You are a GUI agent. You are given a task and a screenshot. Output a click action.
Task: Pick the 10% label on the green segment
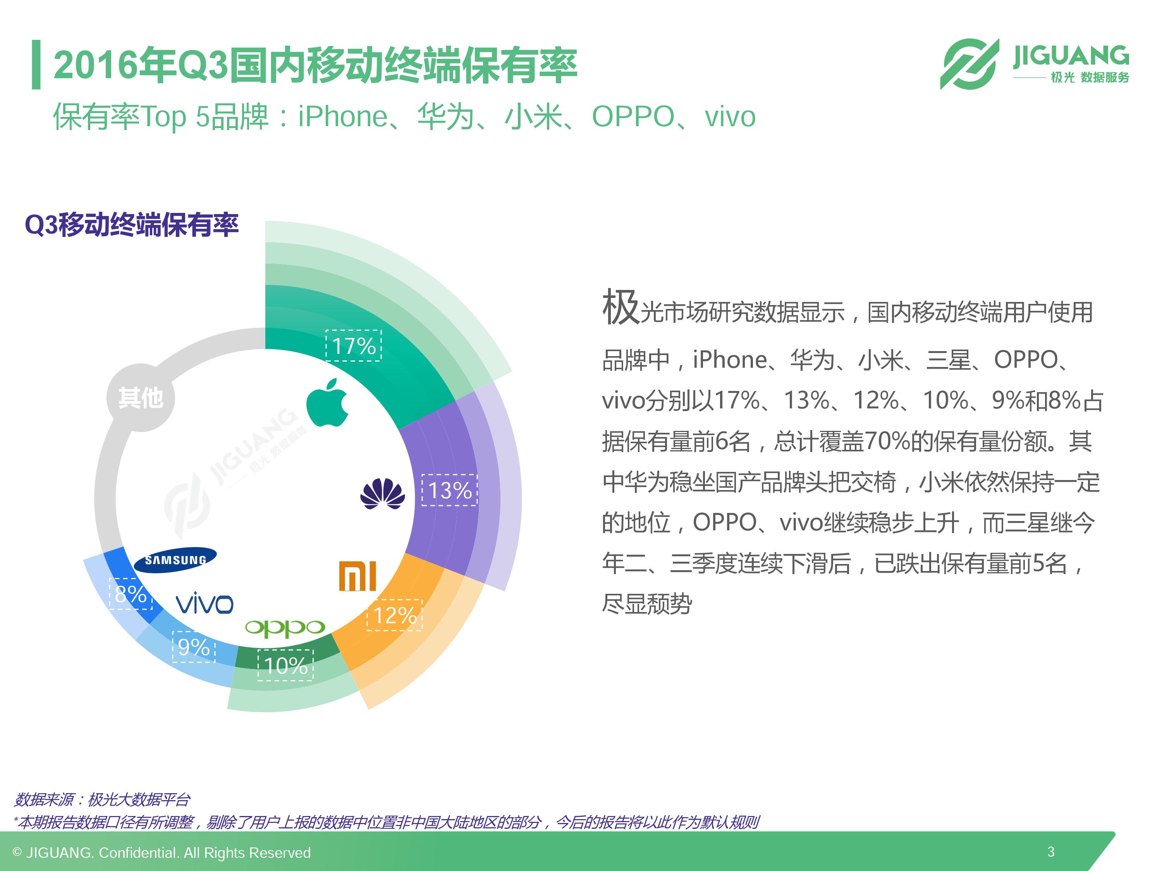point(285,665)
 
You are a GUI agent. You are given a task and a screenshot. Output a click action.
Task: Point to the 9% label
point(194,647)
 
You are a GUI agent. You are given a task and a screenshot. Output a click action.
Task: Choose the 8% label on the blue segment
point(130,594)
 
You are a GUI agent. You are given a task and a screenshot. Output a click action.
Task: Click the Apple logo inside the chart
point(327,402)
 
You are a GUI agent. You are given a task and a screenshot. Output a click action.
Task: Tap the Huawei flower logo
point(382,494)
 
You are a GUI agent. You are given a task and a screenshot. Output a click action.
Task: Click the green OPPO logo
point(285,628)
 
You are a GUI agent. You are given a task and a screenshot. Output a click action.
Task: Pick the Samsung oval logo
point(175,560)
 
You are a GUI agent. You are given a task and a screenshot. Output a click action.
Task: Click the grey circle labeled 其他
point(140,398)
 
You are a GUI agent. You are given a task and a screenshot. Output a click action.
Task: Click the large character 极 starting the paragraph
point(621,307)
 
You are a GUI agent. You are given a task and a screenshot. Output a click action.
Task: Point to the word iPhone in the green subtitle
point(342,117)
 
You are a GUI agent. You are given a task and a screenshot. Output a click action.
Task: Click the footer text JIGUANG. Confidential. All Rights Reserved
point(168,853)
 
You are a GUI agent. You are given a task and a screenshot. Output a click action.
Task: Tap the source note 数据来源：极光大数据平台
point(101,800)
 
